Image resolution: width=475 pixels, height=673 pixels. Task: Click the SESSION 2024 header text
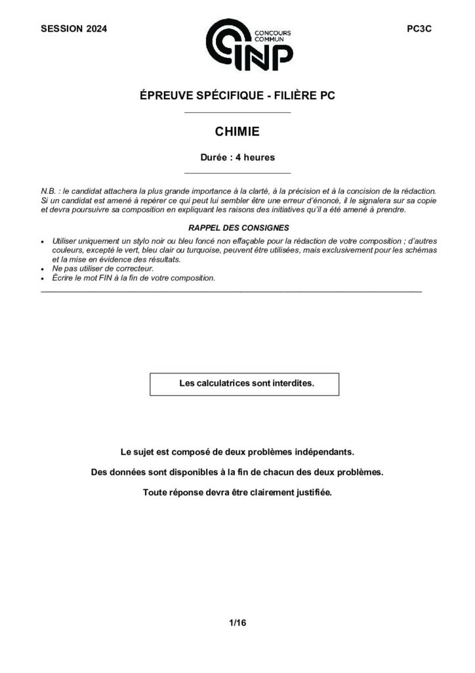(x=73, y=29)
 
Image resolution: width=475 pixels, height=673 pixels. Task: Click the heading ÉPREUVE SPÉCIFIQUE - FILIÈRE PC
(x=237, y=96)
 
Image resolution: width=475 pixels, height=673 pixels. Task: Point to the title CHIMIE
(x=237, y=132)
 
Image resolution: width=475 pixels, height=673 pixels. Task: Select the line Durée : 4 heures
(x=237, y=158)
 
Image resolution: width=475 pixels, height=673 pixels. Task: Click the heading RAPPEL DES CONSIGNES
(x=237, y=227)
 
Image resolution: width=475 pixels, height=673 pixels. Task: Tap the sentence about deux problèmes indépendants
(x=237, y=453)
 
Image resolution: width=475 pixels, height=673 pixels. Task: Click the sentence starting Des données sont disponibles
(x=237, y=473)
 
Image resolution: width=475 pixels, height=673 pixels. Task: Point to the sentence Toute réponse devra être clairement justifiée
(x=237, y=492)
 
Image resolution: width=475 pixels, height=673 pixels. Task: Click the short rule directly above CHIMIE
(x=237, y=113)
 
